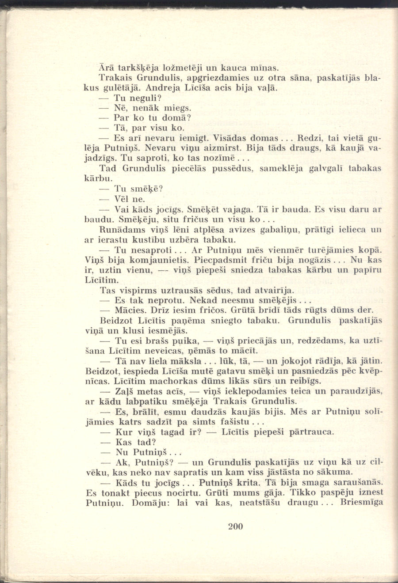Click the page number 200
pyautogui.click(x=236, y=526)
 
